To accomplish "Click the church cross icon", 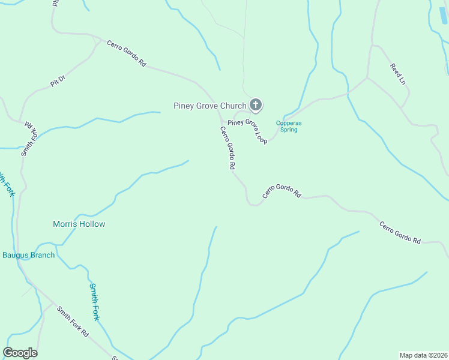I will pos(255,106).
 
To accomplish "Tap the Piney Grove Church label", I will pos(209,106).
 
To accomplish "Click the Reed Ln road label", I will pos(399,74).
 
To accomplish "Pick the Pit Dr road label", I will pos(57,81).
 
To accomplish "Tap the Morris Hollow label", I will pos(79,224).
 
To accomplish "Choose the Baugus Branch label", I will pos(28,255).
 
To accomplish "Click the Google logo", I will pos(20,353).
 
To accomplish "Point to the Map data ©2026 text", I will pos(423,355).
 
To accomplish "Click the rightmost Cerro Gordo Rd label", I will pos(400,232).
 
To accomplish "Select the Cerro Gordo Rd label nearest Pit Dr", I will pos(127,53).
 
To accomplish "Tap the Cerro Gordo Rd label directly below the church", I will pos(227,147).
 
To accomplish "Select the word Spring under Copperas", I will pos(289,130).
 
